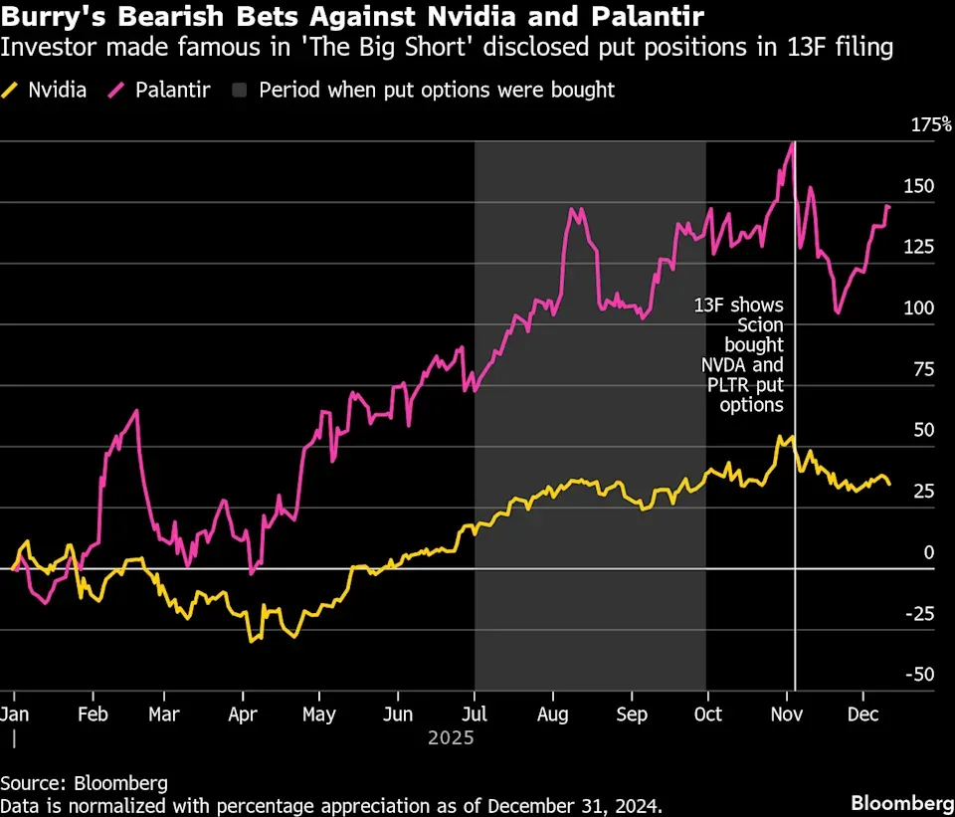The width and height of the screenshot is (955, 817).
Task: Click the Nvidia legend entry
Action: [45, 91]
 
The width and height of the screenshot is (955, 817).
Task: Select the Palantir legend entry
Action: [159, 91]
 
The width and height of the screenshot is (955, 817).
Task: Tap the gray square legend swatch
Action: [240, 91]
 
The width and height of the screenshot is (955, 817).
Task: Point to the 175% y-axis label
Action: [931, 125]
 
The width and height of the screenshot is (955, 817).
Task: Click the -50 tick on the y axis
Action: [919, 675]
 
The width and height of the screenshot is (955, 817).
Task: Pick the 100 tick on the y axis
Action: [919, 307]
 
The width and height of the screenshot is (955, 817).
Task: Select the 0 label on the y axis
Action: [929, 552]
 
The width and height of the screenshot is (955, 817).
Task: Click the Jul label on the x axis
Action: [475, 715]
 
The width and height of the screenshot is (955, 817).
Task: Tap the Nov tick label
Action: [787, 715]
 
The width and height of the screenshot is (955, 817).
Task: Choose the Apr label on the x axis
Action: [243, 715]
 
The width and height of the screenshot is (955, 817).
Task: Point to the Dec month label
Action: [863, 715]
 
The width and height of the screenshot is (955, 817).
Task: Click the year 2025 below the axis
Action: [451, 738]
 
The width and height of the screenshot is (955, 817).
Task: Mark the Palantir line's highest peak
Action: [793, 143]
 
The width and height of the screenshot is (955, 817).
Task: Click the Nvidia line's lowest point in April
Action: [251, 642]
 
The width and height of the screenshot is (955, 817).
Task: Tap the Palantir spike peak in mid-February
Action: [136, 410]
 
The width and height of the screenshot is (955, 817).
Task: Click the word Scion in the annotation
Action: [760, 325]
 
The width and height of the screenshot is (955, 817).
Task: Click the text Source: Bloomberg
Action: [84, 783]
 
